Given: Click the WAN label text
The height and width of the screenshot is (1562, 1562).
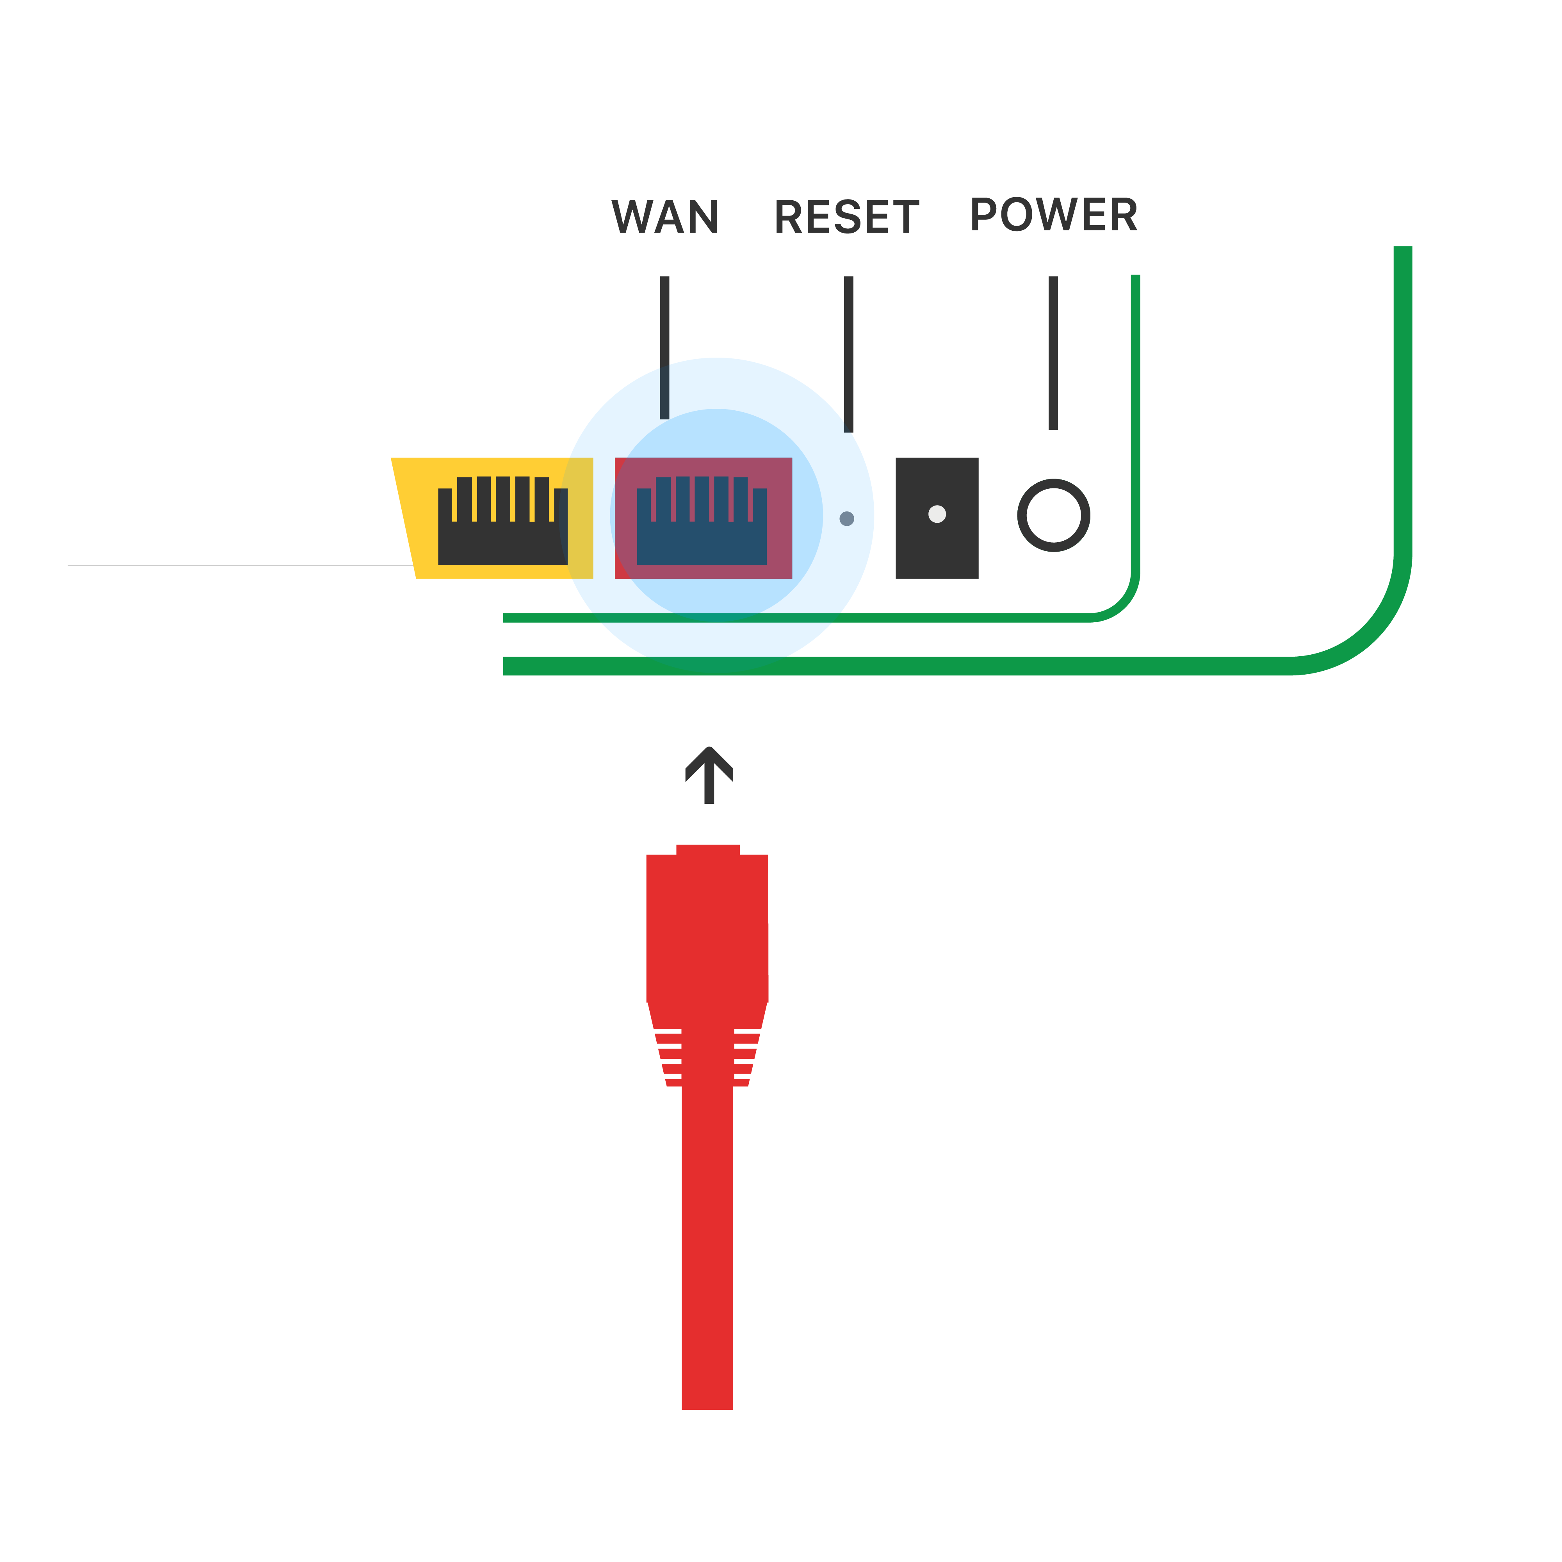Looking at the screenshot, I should [664, 217].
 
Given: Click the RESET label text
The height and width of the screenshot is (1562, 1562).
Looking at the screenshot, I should [846, 217].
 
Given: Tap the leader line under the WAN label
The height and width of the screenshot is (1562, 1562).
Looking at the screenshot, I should [664, 347].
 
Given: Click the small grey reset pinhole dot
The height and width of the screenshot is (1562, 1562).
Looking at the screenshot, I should [846, 518].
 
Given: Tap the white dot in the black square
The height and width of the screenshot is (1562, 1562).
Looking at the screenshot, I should [937, 514].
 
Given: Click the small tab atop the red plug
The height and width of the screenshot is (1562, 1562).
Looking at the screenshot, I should [707, 849].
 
